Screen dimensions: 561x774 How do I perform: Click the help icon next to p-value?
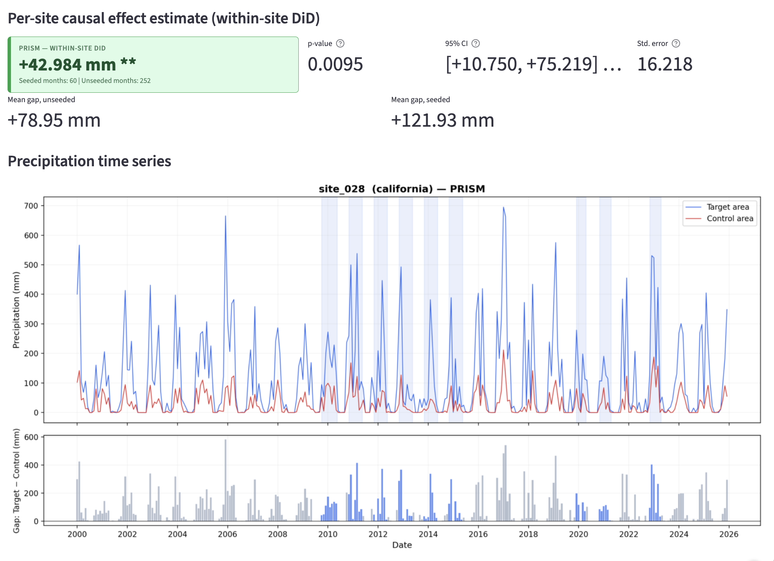(340, 43)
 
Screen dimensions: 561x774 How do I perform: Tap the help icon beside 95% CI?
(476, 43)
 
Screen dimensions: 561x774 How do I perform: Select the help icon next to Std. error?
(676, 43)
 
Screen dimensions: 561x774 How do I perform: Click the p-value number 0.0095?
(335, 64)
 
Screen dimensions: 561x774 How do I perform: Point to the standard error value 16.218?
(665, 64)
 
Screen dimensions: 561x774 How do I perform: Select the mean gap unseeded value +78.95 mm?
(54, 121)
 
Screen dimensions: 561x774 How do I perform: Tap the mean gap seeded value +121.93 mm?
(442, 121)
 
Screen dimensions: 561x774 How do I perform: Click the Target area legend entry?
(728, 207)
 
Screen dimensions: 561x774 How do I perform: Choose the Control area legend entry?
(729, 219)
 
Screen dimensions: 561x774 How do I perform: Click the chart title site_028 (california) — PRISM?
(402, 189)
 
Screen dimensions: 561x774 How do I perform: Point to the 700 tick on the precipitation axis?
(31, 206)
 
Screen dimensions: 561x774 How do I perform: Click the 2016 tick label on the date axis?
(478, 534)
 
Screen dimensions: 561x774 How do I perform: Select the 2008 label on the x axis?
(278, 534)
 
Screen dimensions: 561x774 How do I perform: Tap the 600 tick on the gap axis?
(31, 437)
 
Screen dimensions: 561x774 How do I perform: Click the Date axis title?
(402, 545)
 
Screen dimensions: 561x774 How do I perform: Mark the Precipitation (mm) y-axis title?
(16, 310)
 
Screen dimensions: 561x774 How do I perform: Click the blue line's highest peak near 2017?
(503, 207)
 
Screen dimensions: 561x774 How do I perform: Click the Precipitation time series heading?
(89, 161)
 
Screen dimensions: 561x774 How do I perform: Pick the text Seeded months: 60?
(48, 81)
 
